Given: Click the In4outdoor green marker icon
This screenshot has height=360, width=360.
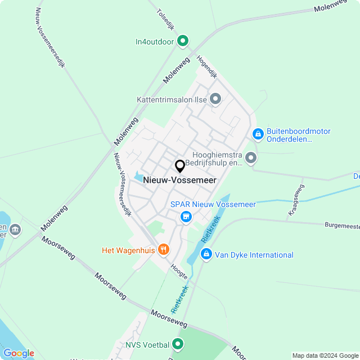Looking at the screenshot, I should tap(183, 41).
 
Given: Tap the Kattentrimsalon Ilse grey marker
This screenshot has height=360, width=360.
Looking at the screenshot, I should tap(215, 100).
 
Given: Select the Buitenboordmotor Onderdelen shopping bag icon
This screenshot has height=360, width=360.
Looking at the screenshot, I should tap(258, 134).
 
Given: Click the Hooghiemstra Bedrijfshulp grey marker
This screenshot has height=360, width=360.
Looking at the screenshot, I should tap(251, 158).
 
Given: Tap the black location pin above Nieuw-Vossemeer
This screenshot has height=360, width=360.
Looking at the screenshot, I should tap(180, 166).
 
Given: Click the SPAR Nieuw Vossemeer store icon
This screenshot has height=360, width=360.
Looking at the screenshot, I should tap(186, 216).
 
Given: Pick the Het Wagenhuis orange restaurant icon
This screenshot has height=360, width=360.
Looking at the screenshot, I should tap(164, 250).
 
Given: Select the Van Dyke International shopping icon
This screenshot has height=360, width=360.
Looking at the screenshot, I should tap(206, 255).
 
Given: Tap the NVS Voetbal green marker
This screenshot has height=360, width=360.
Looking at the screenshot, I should tap(178, 343).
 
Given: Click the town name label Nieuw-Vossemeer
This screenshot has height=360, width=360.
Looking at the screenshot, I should tap(180, 180).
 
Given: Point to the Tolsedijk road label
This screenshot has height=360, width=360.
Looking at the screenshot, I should tap(167, 21).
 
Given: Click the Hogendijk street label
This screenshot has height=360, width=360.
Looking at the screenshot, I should tap(206, 66).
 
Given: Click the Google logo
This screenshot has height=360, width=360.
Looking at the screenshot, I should tap(19, 353).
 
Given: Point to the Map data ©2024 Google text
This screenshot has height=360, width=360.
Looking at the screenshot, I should tap(325, 355).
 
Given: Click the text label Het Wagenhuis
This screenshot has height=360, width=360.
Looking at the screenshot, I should tap(128, 250).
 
